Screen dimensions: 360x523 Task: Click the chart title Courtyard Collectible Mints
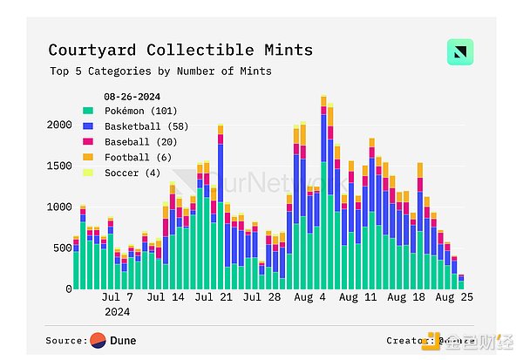click(180, 51)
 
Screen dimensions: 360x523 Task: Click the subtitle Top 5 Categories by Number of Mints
click(160, 71)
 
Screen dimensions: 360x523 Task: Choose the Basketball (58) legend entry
click(145, 126)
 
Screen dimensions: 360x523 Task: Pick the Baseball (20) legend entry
click(140, 141)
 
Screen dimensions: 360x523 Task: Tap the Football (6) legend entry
click(138, 157)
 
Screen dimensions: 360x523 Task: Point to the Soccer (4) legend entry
click(132, 173)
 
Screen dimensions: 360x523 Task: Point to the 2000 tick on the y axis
click(58, 125)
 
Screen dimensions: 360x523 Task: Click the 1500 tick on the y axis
click(58, 166)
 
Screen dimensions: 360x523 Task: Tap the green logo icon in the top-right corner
click(459, 51)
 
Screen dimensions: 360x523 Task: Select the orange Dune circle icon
click(98, 340)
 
